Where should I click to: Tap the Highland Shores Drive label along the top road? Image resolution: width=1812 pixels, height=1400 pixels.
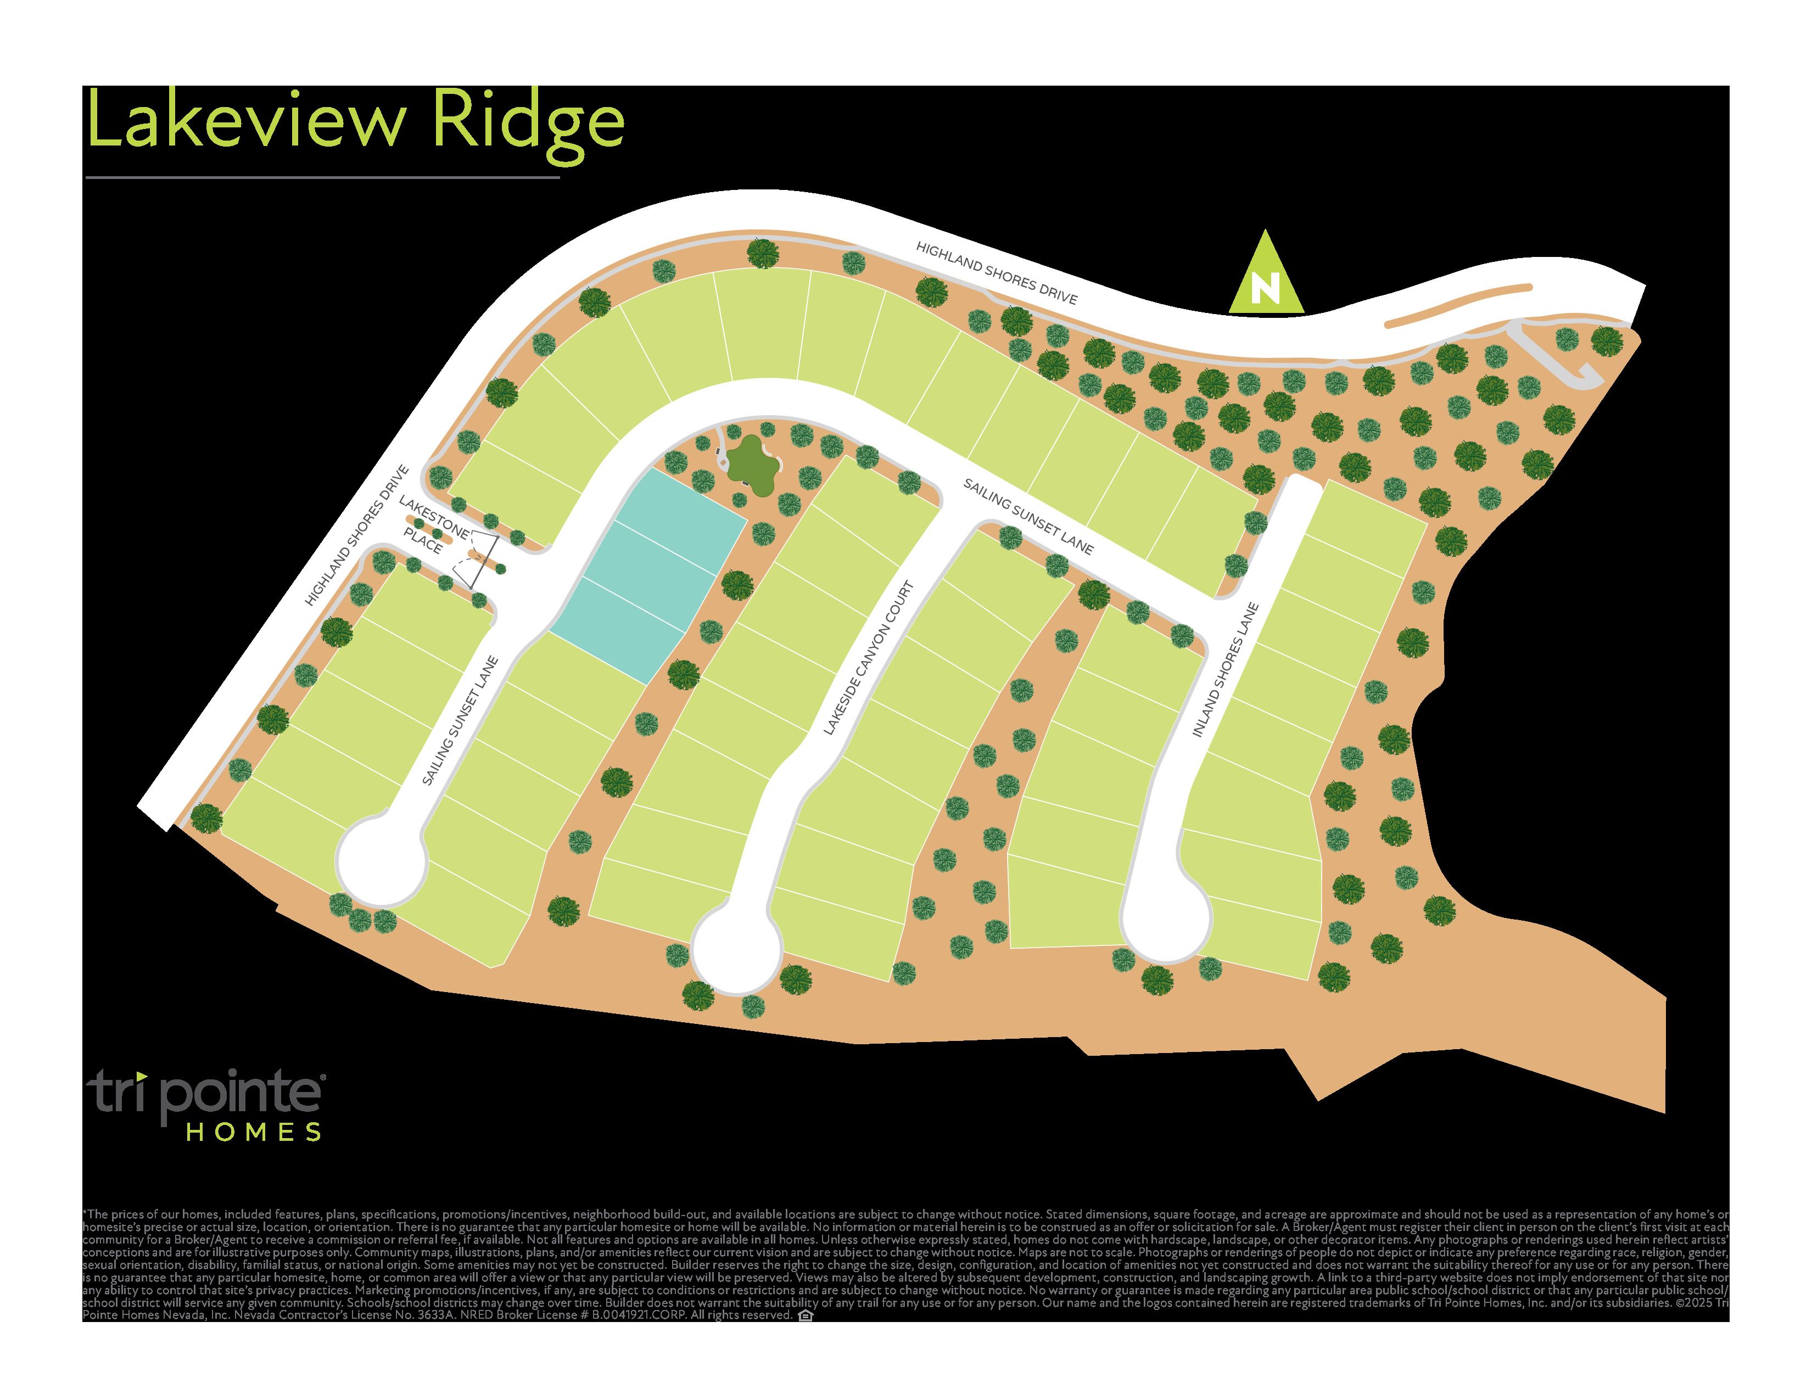pyautogui.click(x=997, y=273)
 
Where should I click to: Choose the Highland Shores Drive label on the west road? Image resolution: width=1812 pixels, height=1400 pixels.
pyautogui.click(x=357, y=536)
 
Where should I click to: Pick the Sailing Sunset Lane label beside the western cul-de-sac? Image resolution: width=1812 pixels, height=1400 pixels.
pyautogui.click(x=461, y=721)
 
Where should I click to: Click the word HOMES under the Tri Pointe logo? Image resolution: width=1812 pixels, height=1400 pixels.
pyautogui.click(x=254, y=1132)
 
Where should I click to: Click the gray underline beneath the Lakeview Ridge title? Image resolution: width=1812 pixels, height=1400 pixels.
pyautogui.click(x=322, y=177)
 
